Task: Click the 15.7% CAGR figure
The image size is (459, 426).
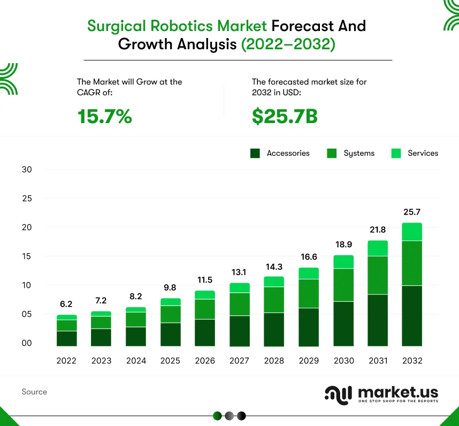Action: point(105,116)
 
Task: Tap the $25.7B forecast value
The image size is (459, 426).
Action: point(285,116)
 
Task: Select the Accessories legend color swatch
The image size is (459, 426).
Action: point(255,154)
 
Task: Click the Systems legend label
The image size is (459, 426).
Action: point(359,154)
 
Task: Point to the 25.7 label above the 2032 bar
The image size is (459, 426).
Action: point(412,212)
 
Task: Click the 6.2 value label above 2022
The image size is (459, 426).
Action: point(66,304)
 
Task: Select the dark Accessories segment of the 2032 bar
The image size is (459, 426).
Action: point(412,316)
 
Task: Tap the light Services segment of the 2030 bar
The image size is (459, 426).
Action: point(343,262)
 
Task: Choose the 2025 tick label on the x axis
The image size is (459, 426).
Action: point(170,361)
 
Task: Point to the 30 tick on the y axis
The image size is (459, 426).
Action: point(27,170)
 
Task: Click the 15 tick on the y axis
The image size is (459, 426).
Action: point(27,256)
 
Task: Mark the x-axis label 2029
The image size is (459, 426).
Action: point(309,361)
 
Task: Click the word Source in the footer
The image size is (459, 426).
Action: point(34,392)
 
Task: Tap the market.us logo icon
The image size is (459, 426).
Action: point(338,393)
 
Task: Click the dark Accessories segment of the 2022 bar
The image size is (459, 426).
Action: point(66,338)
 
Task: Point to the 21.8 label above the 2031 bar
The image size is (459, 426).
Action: point(378,230)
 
